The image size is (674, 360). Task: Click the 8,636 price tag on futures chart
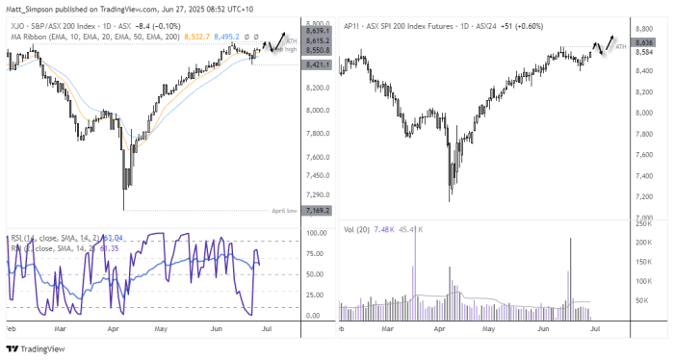[x=645, y=42]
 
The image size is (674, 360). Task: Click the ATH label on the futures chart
[x=621, y=46]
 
